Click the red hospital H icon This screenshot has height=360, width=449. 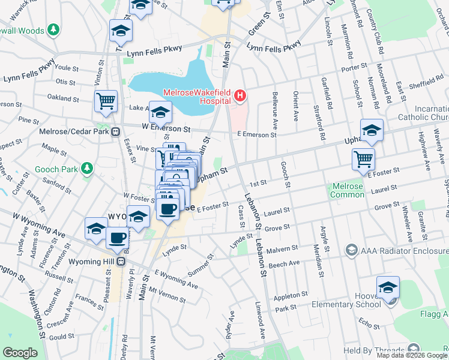coord(240,95)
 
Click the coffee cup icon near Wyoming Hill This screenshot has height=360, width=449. coord(117,238)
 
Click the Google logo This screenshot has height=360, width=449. coord(20,353)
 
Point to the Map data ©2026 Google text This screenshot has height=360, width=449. coord(412,355)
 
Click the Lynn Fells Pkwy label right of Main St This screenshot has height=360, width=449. coord(274,47)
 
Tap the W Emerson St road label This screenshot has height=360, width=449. coord(166,128)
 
